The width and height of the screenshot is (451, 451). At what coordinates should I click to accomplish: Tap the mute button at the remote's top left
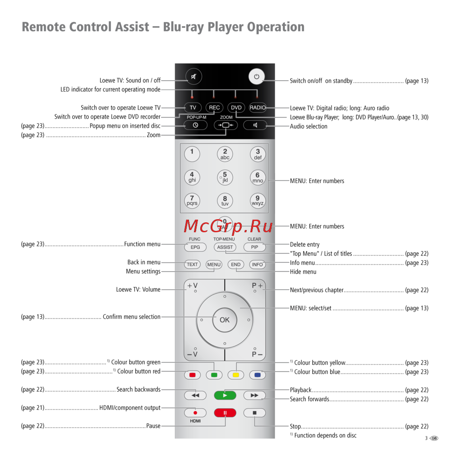(x=193, y=77)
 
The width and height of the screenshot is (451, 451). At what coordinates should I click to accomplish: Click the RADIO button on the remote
(x=258, y=108)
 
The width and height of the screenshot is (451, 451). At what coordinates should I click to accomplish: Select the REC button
(x=214, y=108)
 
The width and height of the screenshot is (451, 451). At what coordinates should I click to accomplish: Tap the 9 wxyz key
(x=258, y=200)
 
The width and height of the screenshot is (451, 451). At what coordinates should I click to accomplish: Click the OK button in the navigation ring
(x=225, y=320)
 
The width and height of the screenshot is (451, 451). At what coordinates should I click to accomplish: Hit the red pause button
(x=225, y=412)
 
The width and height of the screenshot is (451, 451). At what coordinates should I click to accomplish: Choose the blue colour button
(x=258, y=375)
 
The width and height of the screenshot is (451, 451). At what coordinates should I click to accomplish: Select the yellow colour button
(x=235, y=375)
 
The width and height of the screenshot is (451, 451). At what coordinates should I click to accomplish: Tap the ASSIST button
(x=225, y=247)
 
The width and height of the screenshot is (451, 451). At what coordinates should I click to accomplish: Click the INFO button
(x=258, y=265)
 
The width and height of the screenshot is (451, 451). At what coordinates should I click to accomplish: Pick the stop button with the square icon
(x=254, y=412)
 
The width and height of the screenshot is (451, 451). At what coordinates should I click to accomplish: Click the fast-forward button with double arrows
(x=254, y=396)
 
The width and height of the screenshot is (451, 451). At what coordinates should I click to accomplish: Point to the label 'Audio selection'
(x=308, y=126)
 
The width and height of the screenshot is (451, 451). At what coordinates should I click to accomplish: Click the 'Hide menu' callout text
(x=303, y=272)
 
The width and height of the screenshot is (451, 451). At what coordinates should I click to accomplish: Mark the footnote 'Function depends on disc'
(x=325, y=435)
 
